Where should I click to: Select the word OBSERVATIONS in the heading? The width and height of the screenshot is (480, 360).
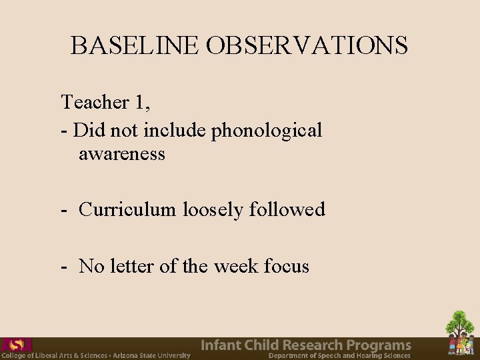[x=307, y=45]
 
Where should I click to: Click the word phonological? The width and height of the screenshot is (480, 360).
[x=267, y=130]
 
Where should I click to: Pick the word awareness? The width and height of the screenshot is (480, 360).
[x=122, y=154]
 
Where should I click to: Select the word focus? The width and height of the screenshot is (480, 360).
[x=287, y=266]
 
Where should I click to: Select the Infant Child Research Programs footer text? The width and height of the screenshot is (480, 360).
[x=306, y=345]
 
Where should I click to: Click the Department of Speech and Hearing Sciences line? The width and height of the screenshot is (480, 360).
[x=339, y=356]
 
